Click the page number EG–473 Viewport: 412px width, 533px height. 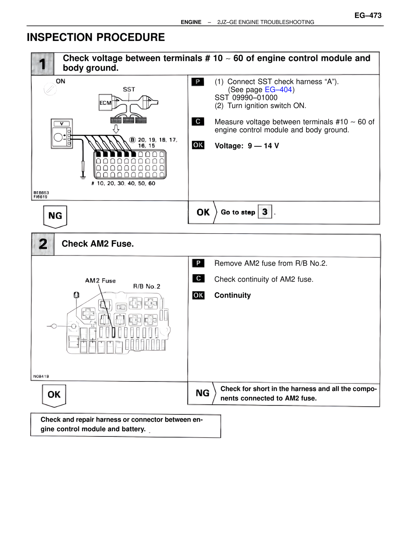point(368,15)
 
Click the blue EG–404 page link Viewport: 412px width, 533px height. point(278,90)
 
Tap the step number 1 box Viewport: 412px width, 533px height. point(43,64)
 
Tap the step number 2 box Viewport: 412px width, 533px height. point(43,244)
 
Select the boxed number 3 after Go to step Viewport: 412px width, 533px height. point(265,212)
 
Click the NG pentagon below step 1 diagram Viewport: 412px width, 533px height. point(55,216)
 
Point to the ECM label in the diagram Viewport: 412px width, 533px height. point(105,103)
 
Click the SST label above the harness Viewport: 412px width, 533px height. point(129,89)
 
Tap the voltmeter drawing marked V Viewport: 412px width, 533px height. point(62,134)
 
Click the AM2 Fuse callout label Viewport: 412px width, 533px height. point(100,281)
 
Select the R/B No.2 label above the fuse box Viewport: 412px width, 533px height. point(146,286)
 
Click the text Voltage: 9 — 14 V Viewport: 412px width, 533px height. point(247,146)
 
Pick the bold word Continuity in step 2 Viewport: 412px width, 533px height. point(232,295)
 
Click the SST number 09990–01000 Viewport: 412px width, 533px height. point(246,98)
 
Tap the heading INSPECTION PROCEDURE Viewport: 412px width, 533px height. point(96,37)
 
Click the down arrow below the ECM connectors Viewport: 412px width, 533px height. point(116,129)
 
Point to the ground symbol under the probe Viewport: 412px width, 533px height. point(83,176)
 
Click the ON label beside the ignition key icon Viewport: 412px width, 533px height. point(61,81)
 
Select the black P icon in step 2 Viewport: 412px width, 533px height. point(198,263)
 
